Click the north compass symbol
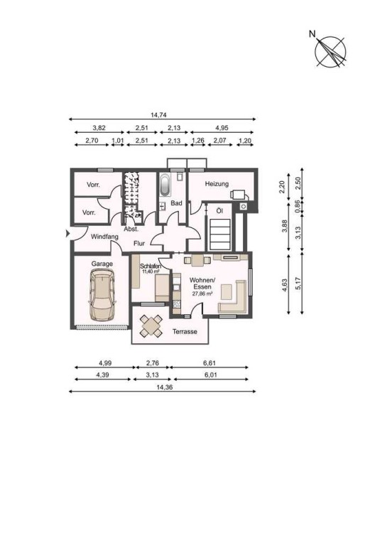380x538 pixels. coord(330,52)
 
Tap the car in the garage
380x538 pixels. coord(102,295)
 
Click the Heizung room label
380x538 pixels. coord(217,184)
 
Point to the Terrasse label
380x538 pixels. coord(185,332)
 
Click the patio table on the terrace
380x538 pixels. coord(151,326)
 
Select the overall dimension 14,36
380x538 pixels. coord(163,387)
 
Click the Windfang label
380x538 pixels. coord(104,237)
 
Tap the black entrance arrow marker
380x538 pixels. coord(68,234)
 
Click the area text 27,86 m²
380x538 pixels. coord(202,294)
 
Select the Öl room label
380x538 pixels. coord(219,210)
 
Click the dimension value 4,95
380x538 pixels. coord(222,128)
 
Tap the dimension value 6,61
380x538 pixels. coord(210,363)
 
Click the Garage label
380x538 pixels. coord(102,264)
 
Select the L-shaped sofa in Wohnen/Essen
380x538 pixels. coord(233,296)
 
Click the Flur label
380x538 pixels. coord(139,244)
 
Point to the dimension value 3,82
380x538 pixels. coord(99,128)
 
